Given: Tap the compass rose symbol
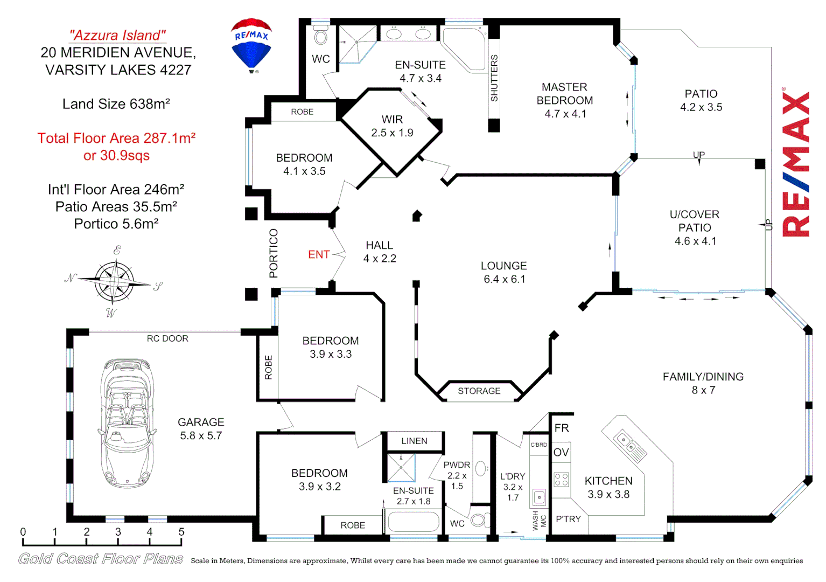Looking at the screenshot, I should [114, 281].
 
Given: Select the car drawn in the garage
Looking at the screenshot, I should [128, 423].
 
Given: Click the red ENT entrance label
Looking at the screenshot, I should [319, 254].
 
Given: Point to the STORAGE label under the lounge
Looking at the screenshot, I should [479, 391].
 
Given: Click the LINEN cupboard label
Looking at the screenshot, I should [414, 441].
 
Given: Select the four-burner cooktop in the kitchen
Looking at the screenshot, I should [561, 480].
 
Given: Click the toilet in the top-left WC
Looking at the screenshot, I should [321, 37].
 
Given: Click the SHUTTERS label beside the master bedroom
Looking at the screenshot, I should [494, 78].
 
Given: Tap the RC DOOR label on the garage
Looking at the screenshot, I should [167, 338].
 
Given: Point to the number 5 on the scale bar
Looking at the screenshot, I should [181, 532].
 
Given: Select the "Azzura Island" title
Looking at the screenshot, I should [117, 36].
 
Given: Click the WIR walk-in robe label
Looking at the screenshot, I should [392, 120].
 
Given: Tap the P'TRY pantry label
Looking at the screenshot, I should [568, 519].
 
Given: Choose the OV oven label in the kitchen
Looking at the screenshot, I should [561, 453].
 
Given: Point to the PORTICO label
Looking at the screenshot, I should [274, 253].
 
